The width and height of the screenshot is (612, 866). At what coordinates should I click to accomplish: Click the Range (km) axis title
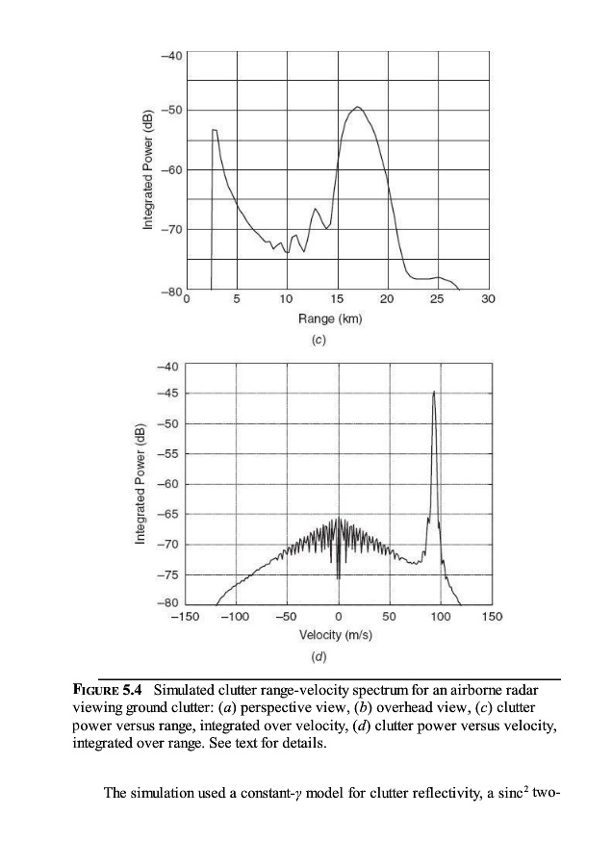pos(336,318)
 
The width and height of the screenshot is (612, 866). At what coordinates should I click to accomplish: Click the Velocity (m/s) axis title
pos(336,634)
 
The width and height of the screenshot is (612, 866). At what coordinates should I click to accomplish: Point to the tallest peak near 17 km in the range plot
pos(357,108)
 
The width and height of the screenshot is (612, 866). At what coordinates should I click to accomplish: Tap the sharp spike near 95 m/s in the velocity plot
pos(434,393)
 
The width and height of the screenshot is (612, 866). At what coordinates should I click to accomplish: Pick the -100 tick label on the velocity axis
pos(236,616)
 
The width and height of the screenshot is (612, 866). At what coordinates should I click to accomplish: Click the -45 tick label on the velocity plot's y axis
pos(169,394)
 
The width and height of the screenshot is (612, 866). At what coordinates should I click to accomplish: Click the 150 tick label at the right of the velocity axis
pos(491,616)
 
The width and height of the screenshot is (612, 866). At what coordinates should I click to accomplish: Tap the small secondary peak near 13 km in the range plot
pos(315,209)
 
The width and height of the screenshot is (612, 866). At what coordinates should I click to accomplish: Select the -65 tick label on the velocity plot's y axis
pos(169,515)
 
